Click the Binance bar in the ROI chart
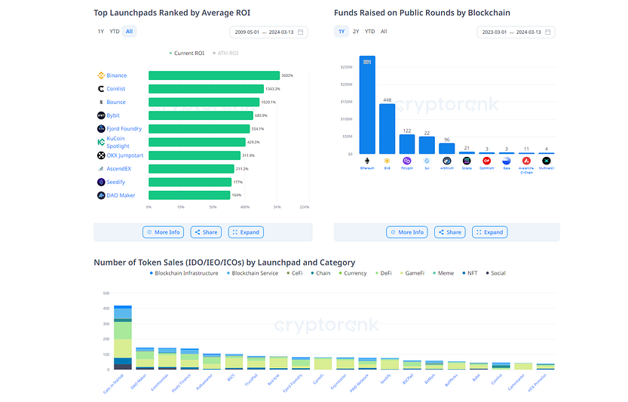(213, 75)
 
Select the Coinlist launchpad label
(115, 89)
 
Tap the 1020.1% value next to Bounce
(268, 103)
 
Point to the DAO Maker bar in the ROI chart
(188, 195)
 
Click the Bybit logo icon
(101, 115)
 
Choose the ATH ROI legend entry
(227, 54)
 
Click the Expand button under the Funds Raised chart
(489, 232)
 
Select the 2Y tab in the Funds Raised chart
(356, 32)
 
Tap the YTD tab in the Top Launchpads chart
(115, 32)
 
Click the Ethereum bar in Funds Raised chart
(367, 106)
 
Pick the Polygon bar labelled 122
(407, 144)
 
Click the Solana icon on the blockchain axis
(466, 161)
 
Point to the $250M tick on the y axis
(347, 66)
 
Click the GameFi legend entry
(414, 273)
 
